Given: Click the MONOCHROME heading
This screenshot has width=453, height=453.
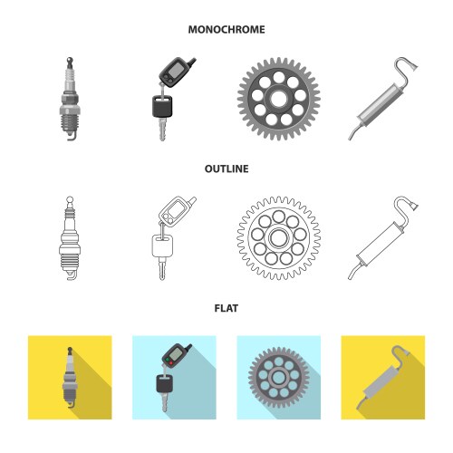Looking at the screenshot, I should pyautogui.click(x=226, y=30).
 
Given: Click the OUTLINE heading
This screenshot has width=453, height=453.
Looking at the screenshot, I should pyautogui.click(x=226, y=169).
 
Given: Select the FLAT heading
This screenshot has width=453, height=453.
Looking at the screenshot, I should pyautogui.click(x=226, y=308).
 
